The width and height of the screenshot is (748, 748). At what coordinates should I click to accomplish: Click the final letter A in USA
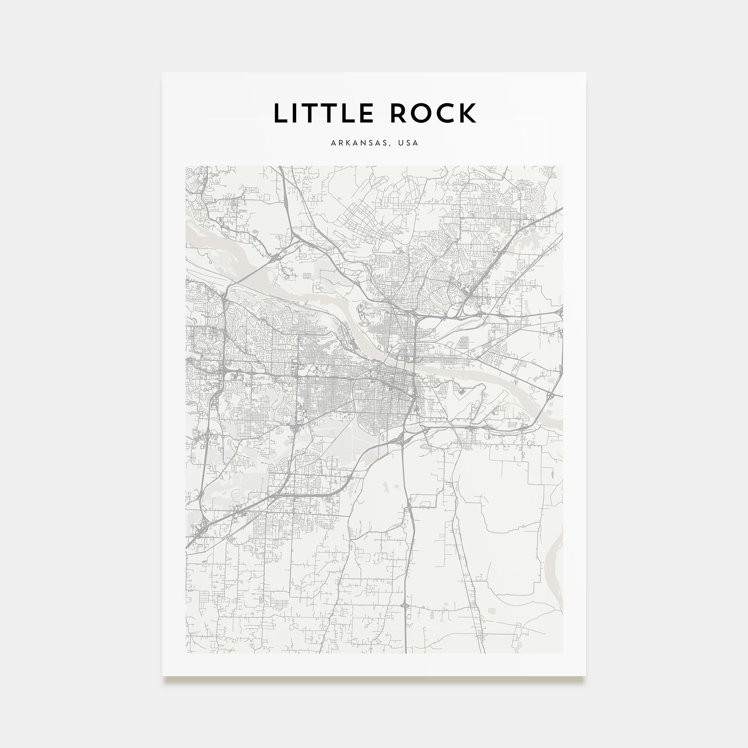point(416,143)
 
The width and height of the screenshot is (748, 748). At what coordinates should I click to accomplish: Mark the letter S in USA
point(408,143)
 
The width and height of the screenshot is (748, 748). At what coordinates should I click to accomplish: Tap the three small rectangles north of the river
point(307,276)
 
